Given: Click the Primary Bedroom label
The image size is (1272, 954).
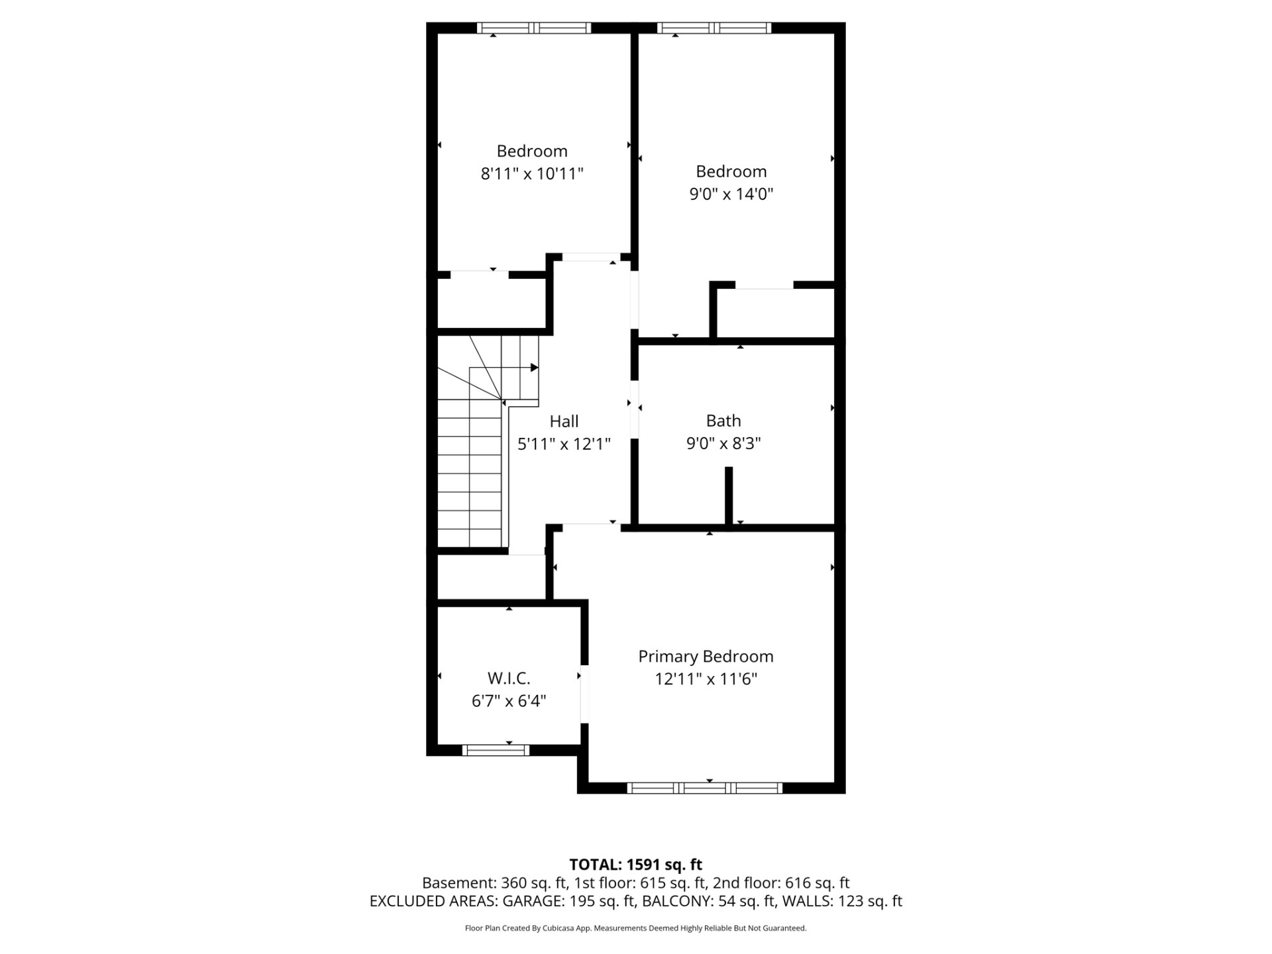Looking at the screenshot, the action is pos(706,657).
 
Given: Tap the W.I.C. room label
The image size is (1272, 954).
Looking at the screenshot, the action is pos(509,678).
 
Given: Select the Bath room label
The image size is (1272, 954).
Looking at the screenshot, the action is pos(723,421).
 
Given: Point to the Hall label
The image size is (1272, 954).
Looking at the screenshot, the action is pos(564,421).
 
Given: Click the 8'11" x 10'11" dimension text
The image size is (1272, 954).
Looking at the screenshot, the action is pos(532,174).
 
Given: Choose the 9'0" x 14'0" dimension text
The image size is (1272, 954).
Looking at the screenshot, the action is pos(731,194).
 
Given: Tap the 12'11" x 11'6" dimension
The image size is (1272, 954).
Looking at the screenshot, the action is pos(706,679).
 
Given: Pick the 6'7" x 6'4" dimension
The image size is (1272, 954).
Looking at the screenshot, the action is pos(509,701).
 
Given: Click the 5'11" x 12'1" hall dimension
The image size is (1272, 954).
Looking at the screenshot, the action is pos(564,444).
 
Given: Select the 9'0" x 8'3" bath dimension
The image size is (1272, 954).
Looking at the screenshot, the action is pos(723,443).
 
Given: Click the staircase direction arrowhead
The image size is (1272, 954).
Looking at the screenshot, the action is pos(534,368).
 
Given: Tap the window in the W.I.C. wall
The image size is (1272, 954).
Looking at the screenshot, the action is pos(496,750).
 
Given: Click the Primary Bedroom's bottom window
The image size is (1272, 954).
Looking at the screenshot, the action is pos(705,788).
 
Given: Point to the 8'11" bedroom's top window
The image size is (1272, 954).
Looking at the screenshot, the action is pos(533,28).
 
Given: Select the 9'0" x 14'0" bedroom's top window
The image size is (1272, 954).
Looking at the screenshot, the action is pos(714,28).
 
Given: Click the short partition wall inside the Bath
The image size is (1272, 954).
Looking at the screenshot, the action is pos(729,496).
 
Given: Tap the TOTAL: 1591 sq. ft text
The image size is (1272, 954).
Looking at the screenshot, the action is pos(636,865).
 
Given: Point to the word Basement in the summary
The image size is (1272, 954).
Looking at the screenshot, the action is pos(458,883).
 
